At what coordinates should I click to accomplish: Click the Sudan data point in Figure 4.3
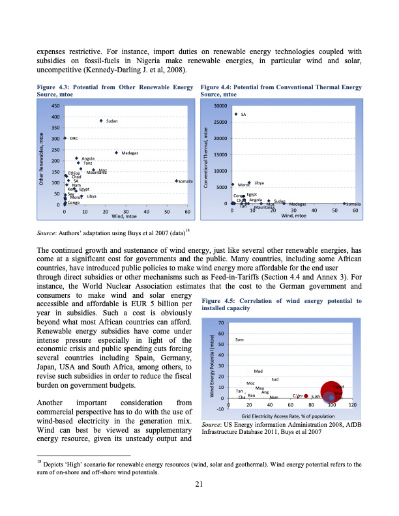click(101, 121)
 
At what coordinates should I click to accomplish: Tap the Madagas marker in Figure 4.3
click(116, 153)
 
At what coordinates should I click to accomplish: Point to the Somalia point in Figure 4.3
click(177, 180)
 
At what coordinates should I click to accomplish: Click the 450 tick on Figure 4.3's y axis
click(56, 106)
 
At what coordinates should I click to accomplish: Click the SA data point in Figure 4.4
click(236, 114)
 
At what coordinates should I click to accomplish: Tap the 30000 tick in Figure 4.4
click(220, 106)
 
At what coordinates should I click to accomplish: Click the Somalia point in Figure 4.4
click(344, 204)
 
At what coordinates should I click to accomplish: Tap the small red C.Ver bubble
click(306, 396)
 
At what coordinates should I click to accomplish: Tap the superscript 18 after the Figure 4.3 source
click(187, 229)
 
